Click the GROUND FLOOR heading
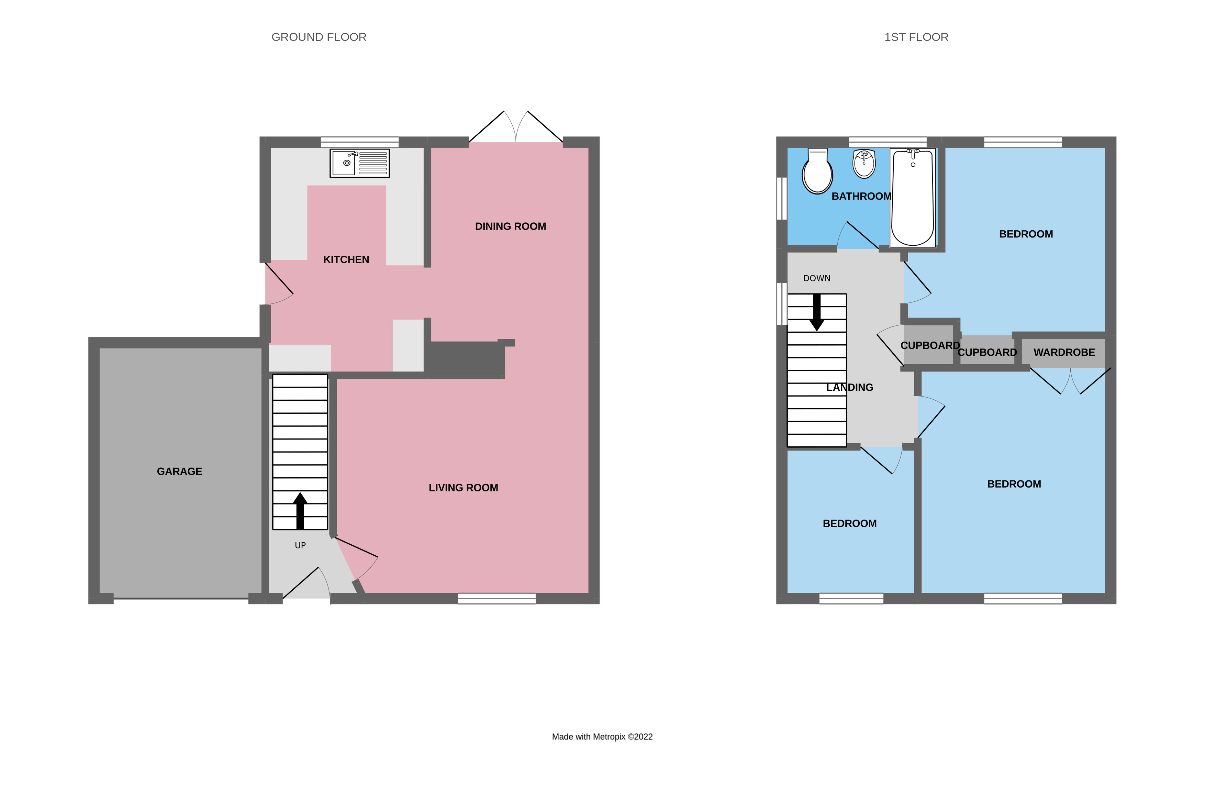[319, 37]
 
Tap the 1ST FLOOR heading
[916, 37]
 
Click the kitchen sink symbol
[359, 163]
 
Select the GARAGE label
[179, 471]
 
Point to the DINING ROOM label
[510, 226]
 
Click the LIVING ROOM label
[463, 488]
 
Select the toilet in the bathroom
[817, 172]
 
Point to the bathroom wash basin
[864, 163]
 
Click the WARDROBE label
[1064, 353]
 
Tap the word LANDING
[850, 387]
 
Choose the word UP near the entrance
[300, 545]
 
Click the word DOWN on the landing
[817, 278]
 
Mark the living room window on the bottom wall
[497, 599]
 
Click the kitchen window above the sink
[359, 142]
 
